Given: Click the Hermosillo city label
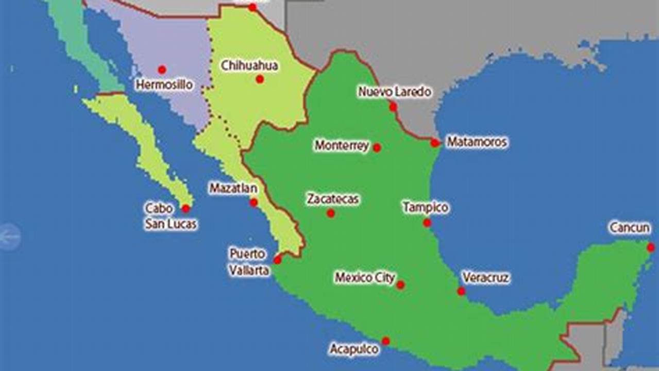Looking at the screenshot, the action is click(x=164, y=85).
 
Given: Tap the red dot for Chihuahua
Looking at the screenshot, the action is click(x=260, y=79).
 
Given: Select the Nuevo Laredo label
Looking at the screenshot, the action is click(x=395, y=92).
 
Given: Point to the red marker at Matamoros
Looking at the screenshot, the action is click(x=435, y=143).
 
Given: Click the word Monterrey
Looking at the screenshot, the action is click(x=342, y=146).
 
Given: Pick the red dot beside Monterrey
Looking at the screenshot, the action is click(x=377, y=148).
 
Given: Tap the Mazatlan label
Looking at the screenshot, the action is click(x=233, y=189).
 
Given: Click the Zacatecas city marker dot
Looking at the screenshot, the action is click(x=331, y=213).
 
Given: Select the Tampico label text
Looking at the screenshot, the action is click(x=425, y=208).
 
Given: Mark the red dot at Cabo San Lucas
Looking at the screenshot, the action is click(x=185, y=209).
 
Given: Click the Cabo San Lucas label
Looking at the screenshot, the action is click(x=170, y=216).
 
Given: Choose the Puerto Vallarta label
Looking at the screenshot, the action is click(x=249, y=262).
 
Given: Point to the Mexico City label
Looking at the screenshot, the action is click(x=365, y=278).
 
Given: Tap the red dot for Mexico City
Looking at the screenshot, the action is click(x=400, y=285).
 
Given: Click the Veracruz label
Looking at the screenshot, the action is click(x=486, y=278).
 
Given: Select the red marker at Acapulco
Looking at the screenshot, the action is click(x=385, y=341).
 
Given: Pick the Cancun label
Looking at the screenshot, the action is click(x=630, y=228).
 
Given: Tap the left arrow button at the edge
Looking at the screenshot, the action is click(x=9, y=238).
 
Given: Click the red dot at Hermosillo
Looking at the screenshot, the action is click(x=162, y=70).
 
